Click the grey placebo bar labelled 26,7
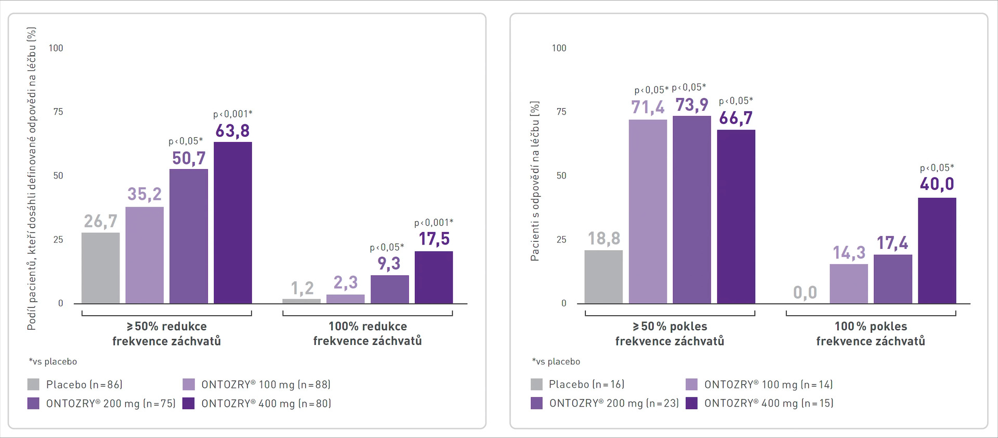[100, 268]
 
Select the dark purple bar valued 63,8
[233, 223]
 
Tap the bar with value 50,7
[189, 236]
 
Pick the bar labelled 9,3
[389, 289]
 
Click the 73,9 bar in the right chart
[692, 210]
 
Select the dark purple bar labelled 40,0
[937, 251]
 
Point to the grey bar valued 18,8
[603, 277]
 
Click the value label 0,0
[805, 293]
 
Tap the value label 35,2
[145, 194]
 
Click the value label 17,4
[892, 243]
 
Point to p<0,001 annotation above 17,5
[434, 223]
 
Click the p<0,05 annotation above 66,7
[736, 101]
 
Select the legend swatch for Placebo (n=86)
[33, 384]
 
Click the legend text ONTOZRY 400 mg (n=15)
[769, 403]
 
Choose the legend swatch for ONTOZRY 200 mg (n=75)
[33, 403]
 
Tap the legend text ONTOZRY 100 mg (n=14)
[768, 384]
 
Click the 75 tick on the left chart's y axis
[58, 112]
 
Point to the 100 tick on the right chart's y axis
[559, 48]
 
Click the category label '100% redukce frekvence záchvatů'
[367, 333]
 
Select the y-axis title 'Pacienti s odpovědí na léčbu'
[535, 181]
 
